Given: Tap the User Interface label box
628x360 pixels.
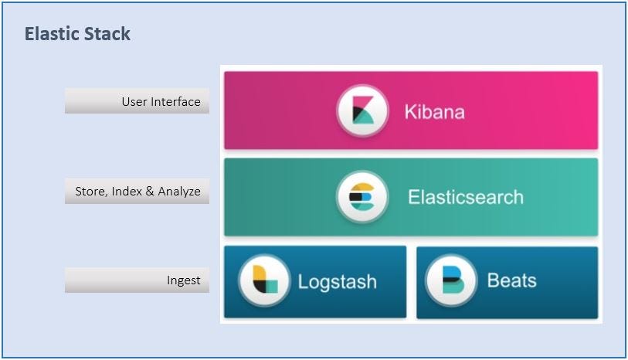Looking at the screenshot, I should click(137, 101).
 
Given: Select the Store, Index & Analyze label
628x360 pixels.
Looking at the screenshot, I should click(137, 192).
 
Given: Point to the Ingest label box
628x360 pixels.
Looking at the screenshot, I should click(137, 280).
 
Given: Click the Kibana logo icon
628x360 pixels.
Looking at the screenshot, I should click(362, 111).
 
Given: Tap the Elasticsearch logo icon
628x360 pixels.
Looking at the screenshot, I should click(362, 197).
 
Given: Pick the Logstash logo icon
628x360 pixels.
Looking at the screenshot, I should click(264, 280).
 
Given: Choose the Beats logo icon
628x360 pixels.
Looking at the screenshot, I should click(450, 280).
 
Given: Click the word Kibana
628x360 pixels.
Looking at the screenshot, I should click(434, 112).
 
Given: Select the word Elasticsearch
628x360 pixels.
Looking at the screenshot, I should click(465, 197).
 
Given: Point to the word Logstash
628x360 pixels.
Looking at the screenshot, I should click(337, 281).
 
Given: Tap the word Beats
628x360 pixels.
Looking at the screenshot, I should click(511, 280).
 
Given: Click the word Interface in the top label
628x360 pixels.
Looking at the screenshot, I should click(175, 101).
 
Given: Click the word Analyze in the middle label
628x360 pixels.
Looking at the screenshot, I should click(179, 192).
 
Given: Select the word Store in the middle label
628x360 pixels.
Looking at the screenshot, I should click(90, 192).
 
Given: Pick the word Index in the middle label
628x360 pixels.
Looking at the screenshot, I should click(127, 192).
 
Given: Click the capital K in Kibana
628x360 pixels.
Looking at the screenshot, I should click(410, 112).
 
